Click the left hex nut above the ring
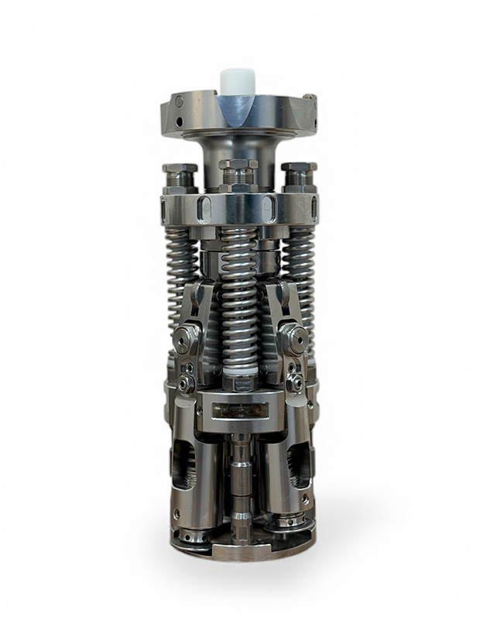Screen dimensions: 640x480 coord(180,176)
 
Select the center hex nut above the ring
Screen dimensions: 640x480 coord(238,174)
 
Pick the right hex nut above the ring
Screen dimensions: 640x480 coord(299,176)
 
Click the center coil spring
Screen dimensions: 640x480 coord(238,302)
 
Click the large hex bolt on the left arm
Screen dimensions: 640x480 coord(186,337)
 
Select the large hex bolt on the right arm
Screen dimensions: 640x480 coord(293,337)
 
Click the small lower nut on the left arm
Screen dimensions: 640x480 coord(186,382)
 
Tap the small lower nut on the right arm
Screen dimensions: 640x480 coord(294,382)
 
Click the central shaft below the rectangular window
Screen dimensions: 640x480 coord(240,472)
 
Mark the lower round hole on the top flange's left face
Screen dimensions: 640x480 coord(179,123)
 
